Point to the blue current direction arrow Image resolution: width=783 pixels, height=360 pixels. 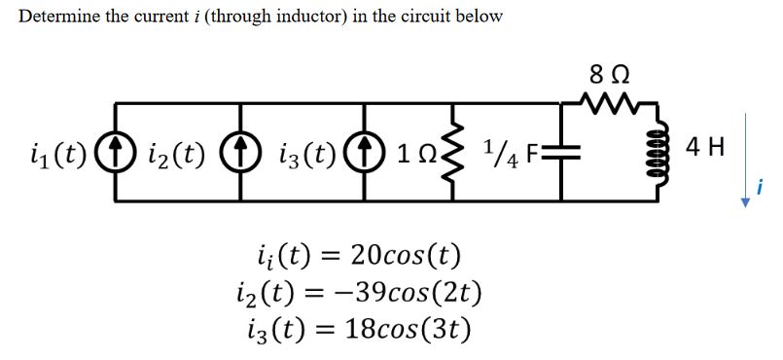[x=746, y=156]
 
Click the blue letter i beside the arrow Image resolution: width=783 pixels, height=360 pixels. [x=762, y=185]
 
